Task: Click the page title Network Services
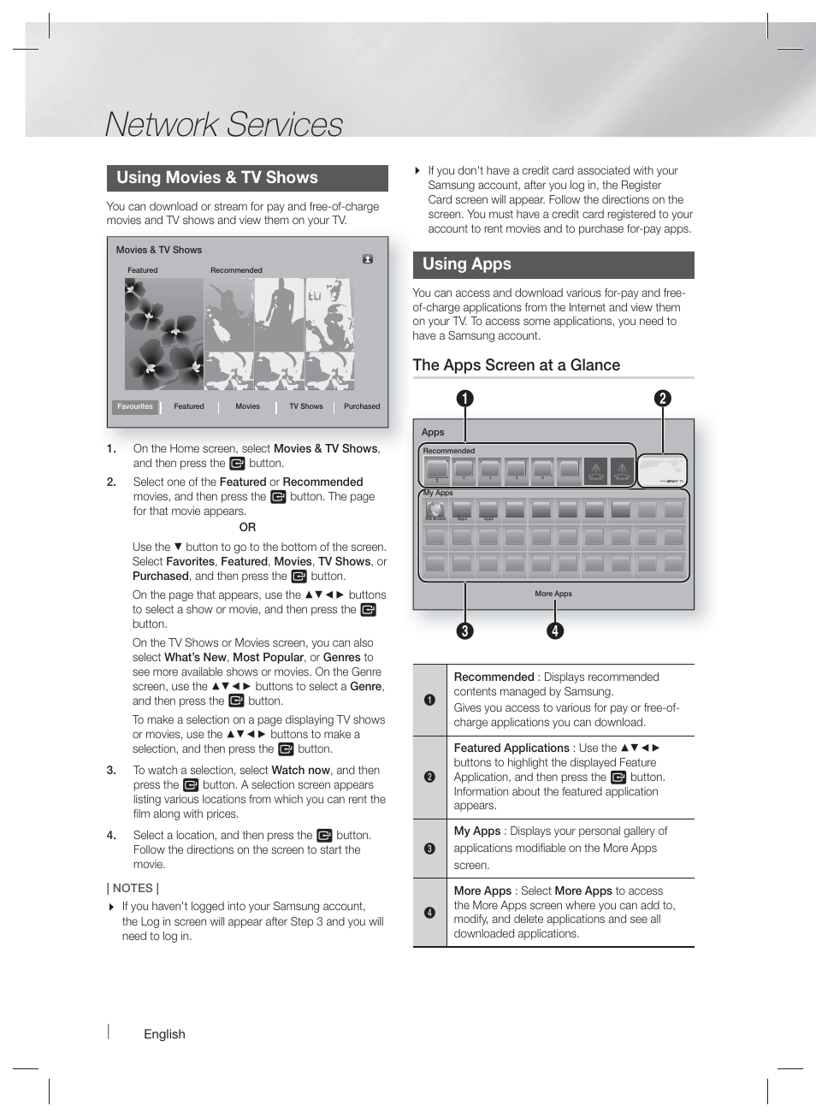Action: [223, 124]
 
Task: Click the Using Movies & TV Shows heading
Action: [216, 178]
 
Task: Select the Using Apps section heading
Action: [466, 264]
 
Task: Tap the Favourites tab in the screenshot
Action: [135, 407]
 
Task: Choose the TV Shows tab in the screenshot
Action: [305, 407]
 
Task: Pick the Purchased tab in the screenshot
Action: [362, 407]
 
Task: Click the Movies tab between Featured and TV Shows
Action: [247, 407]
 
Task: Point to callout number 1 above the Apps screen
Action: [464, 399]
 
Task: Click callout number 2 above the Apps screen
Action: [662, 399]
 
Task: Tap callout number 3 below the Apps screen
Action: [464, 631]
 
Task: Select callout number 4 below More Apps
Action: [555, 631]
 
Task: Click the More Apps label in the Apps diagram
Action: [553, 594]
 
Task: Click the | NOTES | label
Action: [133, 888]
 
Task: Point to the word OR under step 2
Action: [247, 528]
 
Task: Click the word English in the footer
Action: [164, 1034]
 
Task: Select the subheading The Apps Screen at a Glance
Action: [516, 365]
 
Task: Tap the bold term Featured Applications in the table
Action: [511, 748]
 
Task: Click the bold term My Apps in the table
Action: [476, 831]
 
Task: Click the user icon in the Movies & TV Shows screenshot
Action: [368, 259]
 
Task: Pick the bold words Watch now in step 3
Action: [300, 770]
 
